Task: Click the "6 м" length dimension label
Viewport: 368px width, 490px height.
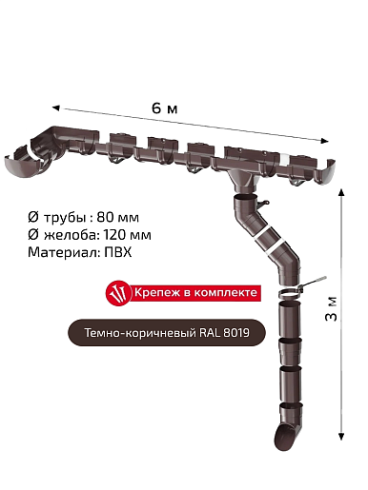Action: coord(164,108)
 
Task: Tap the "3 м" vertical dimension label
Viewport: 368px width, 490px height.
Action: coord(331,309)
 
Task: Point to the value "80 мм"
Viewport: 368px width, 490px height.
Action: coord(117,218)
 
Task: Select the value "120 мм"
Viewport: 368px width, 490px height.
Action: coord(128,235)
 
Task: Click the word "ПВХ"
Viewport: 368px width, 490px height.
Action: coord(117,252)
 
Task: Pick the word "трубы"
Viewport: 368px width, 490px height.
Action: coord(64,218)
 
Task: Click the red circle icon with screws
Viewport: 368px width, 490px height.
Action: coord(118,293)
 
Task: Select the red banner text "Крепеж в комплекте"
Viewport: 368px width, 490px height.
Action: coord(195,292)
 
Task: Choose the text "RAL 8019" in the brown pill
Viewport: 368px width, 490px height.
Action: coord(224,333)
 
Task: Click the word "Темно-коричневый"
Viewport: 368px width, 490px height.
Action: coord(140,333)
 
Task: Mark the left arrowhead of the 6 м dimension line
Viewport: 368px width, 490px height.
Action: coord(56,108)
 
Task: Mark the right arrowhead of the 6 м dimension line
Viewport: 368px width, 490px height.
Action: coord(324,141)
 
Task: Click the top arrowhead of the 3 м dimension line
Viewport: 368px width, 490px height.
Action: coord(341,192)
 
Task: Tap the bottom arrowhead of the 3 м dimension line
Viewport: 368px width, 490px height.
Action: coord(341,437)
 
